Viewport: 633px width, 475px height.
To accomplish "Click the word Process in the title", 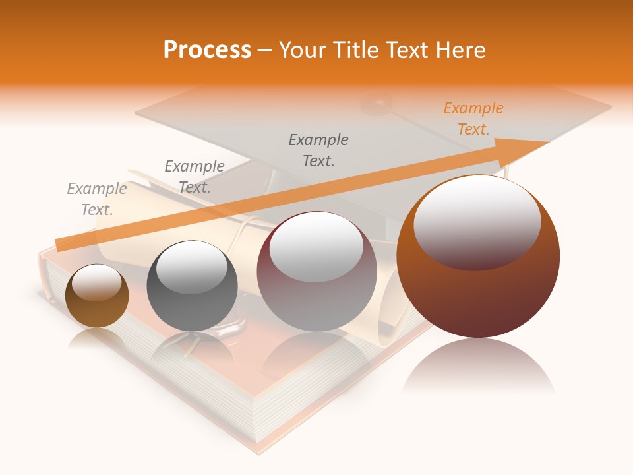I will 207,49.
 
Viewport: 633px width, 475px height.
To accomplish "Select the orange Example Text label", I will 473,119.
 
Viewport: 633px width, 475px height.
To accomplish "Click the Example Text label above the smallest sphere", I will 97,199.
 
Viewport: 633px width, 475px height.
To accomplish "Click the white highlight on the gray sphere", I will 191,266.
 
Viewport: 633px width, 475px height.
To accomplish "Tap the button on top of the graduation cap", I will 376,102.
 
